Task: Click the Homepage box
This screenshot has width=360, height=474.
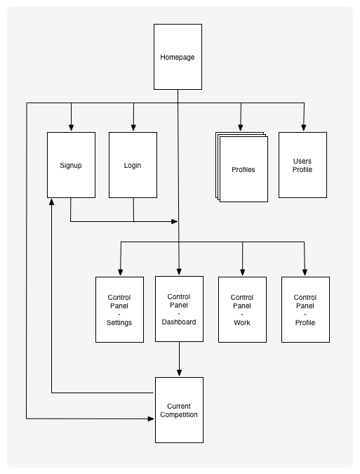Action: (x=178, y=57)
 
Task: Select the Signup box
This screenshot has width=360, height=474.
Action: (x=72, y=165)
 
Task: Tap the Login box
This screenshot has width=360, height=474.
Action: (x=133, y=165)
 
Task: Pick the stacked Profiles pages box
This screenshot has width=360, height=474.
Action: (x=241, y=167)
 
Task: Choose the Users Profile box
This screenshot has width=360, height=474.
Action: (x=302, y=165)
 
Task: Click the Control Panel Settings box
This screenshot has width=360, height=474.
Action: (x=119, y=310)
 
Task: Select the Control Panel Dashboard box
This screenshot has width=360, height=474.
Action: (x=179, y=309)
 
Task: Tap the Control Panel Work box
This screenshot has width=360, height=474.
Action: (x=242, y=310)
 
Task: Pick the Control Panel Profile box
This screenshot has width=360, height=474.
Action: (x=305, y=310)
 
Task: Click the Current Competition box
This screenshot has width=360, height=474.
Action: (x=179, y=410)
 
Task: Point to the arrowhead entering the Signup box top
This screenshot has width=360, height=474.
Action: (x=72, y=128)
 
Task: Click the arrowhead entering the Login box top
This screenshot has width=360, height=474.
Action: (x=133, y=128)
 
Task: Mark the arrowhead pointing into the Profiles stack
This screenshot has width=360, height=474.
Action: (x=241, y=128)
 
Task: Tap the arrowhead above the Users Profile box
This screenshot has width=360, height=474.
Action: (x=304, y=128)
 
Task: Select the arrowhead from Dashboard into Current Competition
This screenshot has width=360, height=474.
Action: (x=179, y=372)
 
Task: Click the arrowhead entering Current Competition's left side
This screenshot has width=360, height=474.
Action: (x=151, y=419)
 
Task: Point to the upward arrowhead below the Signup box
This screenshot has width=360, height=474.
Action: (x=52, y=202)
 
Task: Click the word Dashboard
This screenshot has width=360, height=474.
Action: (x=179, y=322)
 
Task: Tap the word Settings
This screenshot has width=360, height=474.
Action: (x=119, y=322)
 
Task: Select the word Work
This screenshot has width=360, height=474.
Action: (x=242, y=322)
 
